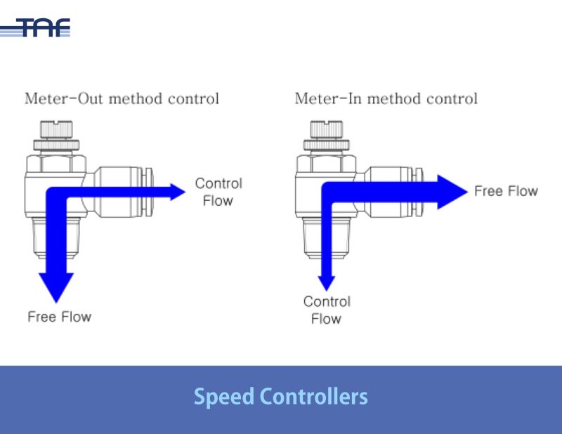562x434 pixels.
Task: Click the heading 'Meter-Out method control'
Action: tap(122, 98)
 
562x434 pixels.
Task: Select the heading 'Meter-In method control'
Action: tap(386, 98)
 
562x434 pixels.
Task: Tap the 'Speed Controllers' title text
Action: tap(280, 397)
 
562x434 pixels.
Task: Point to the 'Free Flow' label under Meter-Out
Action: tap(60, 317)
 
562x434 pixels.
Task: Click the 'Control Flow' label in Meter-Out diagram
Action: tap(218, 192)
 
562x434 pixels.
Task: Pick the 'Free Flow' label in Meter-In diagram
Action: tap(506, 191)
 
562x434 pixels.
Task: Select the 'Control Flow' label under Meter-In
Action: tap(327, 310)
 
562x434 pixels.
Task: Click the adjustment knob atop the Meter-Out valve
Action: tap(55, 131)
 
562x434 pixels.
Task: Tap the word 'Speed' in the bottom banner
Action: tap(223, 397)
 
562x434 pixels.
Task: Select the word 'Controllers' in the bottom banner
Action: tap(314, 397)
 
